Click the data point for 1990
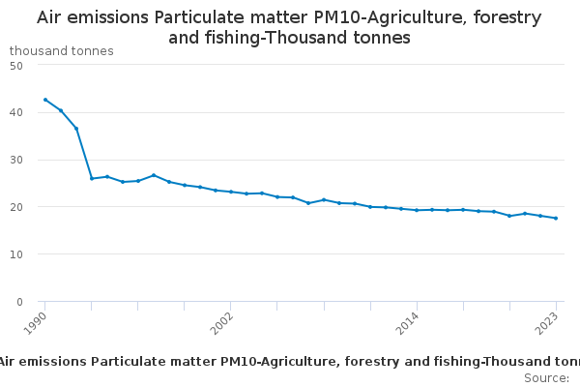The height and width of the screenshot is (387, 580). [45, 100]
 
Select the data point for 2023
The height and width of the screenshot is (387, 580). [556, 218]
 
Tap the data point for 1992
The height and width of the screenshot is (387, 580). [76, 129]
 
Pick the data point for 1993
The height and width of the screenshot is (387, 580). [92, 178]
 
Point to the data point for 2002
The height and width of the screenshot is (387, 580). [231, 192]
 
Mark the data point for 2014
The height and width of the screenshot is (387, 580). [417, 210]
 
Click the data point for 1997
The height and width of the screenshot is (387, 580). [154, 175]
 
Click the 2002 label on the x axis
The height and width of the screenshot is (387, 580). [221, 322]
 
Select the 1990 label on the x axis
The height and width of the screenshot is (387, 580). [36, 322]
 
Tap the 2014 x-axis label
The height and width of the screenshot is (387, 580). [407, 322]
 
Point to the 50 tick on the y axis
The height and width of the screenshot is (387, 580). [16, 65]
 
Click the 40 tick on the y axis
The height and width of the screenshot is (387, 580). [16, 112]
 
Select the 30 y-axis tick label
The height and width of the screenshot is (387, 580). [16, 160]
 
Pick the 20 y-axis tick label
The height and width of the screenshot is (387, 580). [16, 207]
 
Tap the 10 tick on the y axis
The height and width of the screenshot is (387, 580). [16, 254]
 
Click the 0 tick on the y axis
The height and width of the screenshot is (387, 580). [19, 302]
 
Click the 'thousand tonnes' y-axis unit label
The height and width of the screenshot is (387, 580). [61, 50]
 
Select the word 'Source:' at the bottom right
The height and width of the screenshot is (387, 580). [546, 377]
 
